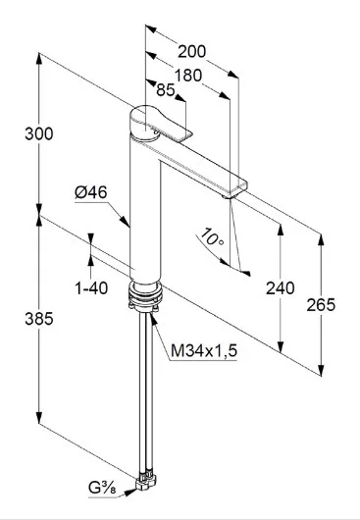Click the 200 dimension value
click(191, 51)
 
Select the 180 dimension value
click(187, 76)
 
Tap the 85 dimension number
click(165, 90)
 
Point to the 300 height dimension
click(39, 134)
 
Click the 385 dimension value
click(39, 319)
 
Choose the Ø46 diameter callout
click(90, 192)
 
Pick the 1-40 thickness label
click(91, 288)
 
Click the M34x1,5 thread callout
click(203, 350)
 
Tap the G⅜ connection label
click(102, 489)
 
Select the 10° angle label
click(212, 236)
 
